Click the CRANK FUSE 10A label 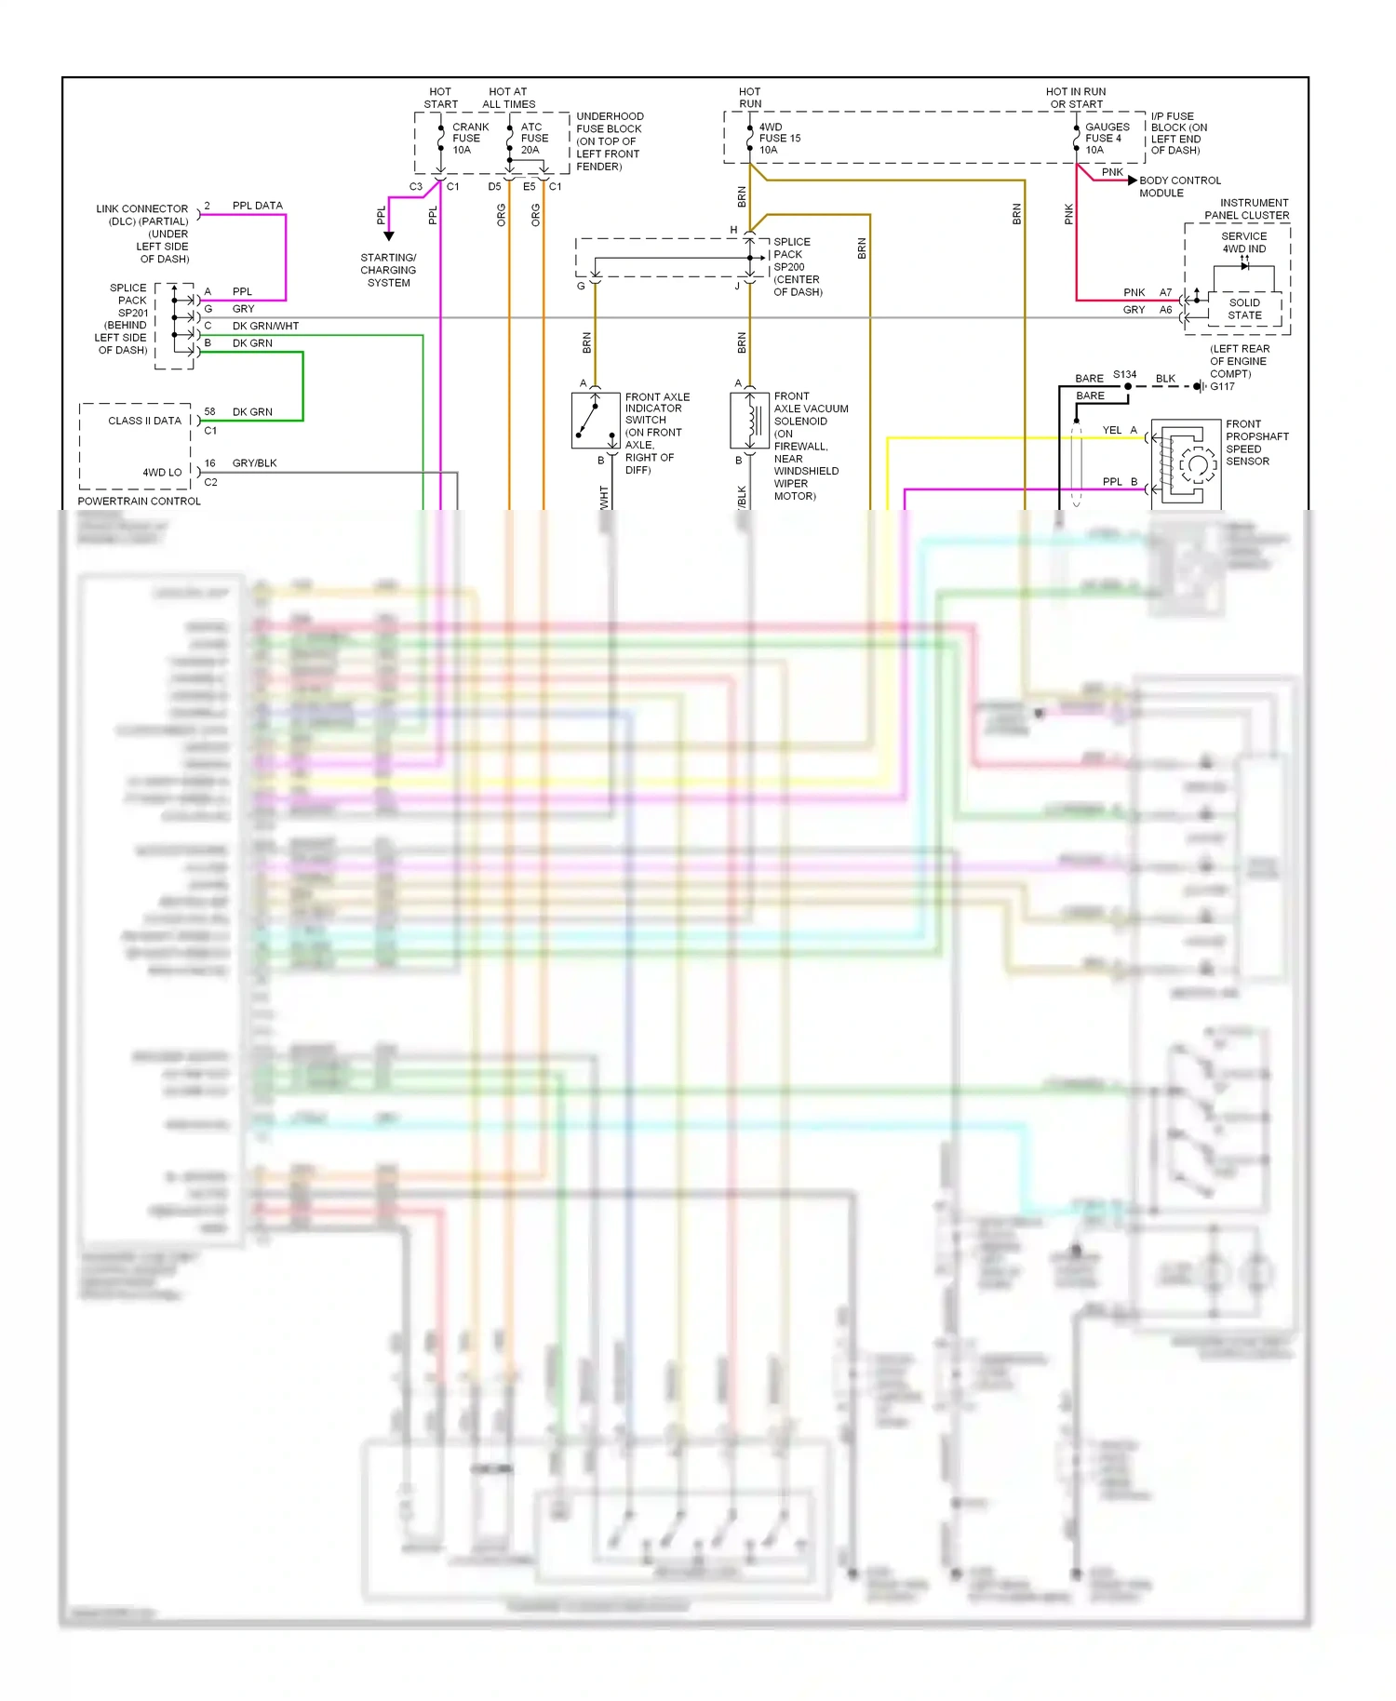469,138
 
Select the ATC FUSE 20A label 534,138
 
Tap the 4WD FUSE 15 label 778,138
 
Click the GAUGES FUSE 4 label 1107,138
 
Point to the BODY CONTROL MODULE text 1178,186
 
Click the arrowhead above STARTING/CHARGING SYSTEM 389,236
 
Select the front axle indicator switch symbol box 596,421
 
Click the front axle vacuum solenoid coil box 749,421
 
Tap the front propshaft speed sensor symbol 1187,462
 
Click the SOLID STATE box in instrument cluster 1244,309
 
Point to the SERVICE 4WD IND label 1244,242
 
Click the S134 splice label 1124,374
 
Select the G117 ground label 1222,386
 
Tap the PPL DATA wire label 257,206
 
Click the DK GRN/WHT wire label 265,326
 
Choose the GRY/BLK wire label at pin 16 254,462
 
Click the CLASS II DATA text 144,421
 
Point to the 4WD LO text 162,473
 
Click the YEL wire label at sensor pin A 1111,430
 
